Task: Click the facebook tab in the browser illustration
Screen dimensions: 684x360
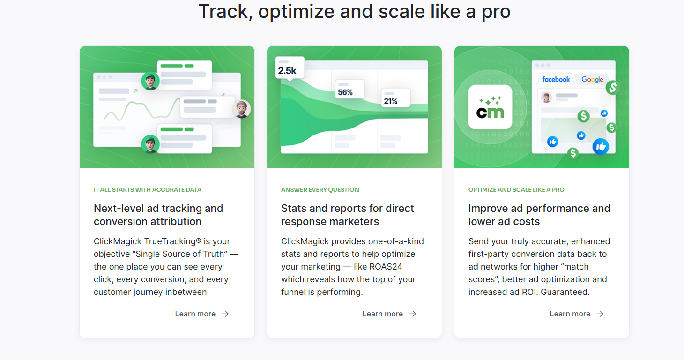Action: point(556,80)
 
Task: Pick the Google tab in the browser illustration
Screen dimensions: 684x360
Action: point(592,80)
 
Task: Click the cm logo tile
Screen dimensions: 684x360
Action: point(490,107)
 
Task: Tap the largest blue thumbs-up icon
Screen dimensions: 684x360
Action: point(601,147)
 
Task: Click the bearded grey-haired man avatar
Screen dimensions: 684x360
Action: point(242,109)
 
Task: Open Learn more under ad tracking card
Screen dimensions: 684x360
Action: point(202,314)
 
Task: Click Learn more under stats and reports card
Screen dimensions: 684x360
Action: point(389,314)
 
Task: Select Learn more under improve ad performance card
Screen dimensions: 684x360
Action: point(577,314)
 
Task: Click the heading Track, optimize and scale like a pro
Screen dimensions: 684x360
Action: point(355,12)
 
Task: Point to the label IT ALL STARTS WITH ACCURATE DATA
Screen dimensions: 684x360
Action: point(148,190)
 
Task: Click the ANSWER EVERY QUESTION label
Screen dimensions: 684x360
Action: point(320,190)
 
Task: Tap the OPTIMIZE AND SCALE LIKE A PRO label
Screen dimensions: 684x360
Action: point(516,190)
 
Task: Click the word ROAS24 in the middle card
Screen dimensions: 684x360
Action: point(386,267)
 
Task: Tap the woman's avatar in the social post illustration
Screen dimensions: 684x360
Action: point(546,97)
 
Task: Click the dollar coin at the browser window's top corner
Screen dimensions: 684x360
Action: point(612,88)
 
